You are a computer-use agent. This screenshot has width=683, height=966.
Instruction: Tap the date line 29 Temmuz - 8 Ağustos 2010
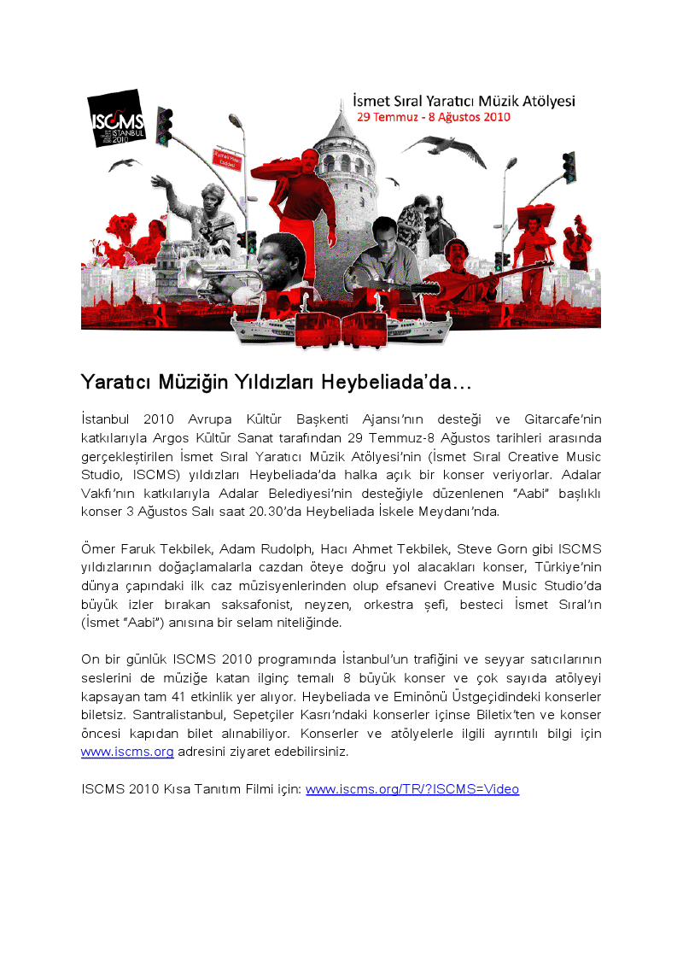[x=433, y=117]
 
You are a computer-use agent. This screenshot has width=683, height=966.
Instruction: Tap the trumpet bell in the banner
[x=194, y=273]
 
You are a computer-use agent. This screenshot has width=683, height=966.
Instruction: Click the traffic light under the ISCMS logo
[x=164, y=126]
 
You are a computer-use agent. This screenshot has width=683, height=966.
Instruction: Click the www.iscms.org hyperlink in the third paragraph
[x=127, y=752]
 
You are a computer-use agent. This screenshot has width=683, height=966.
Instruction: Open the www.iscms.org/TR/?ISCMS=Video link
[x=412, y=789]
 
